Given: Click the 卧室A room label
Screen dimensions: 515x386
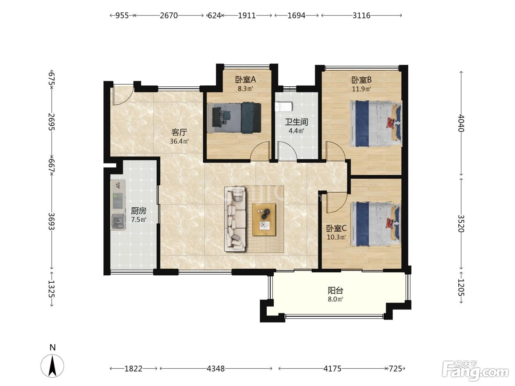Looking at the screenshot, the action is pos(245,80).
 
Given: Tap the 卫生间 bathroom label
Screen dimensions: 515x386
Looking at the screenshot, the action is pos(296,122).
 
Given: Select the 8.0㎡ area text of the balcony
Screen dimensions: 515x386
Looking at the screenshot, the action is pos(335,299).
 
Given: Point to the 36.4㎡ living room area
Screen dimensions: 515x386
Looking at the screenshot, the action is pos(179,141).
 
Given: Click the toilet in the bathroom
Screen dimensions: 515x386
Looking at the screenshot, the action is pos(284,107).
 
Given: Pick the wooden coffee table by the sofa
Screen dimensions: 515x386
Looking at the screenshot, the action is pos(264,219).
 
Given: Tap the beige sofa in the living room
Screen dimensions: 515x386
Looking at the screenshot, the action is pos(235,219).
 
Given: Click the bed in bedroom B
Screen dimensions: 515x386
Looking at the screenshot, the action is pos(376,124).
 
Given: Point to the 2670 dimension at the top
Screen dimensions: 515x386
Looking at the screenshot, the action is pos(169,15).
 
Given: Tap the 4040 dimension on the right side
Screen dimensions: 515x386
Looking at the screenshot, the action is pos(461,123).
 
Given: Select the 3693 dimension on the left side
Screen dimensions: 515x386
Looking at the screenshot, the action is pos(51,221).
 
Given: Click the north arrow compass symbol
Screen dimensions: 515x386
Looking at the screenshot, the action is pos(52,366).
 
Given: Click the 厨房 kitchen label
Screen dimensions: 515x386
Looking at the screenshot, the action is pos(139,211).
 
